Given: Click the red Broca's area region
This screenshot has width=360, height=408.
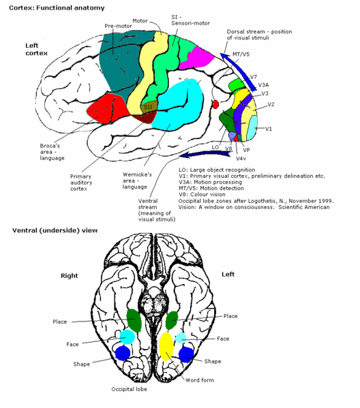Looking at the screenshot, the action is click(107, 108).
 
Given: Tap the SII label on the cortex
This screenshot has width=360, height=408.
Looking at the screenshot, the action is click(148, 107).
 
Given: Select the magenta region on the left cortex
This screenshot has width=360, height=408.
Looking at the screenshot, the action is click(196, 58).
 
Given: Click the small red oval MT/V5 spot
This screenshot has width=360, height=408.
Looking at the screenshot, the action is click(215, 104).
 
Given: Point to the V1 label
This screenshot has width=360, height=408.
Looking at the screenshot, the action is click(269, 129).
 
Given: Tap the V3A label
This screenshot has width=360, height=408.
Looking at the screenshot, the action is click(263, 85).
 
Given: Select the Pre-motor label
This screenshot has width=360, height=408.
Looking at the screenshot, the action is click(118, 26).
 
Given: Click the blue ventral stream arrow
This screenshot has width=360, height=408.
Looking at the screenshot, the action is click(205, 155).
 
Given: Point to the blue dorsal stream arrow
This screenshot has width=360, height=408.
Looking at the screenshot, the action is click(239, 72).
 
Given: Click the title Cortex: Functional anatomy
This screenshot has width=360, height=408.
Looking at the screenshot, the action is click(57, 7).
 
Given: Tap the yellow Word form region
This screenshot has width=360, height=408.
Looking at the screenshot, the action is click(166, 346).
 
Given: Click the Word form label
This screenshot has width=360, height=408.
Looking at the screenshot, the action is click(200, 380).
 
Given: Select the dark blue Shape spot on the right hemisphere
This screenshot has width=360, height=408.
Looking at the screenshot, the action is click(123, 353).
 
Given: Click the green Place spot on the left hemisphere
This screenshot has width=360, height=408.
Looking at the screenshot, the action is click(172, 319).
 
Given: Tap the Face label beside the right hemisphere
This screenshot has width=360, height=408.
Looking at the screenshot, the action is click(72, 344).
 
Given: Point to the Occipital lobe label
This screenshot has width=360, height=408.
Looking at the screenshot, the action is click(129, 389).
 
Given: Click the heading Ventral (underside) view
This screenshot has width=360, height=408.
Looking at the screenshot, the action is click(55, 230).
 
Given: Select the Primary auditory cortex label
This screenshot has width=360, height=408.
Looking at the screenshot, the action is click(81, 183).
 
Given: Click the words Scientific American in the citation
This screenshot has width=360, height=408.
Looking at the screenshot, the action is click(304, 207).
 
